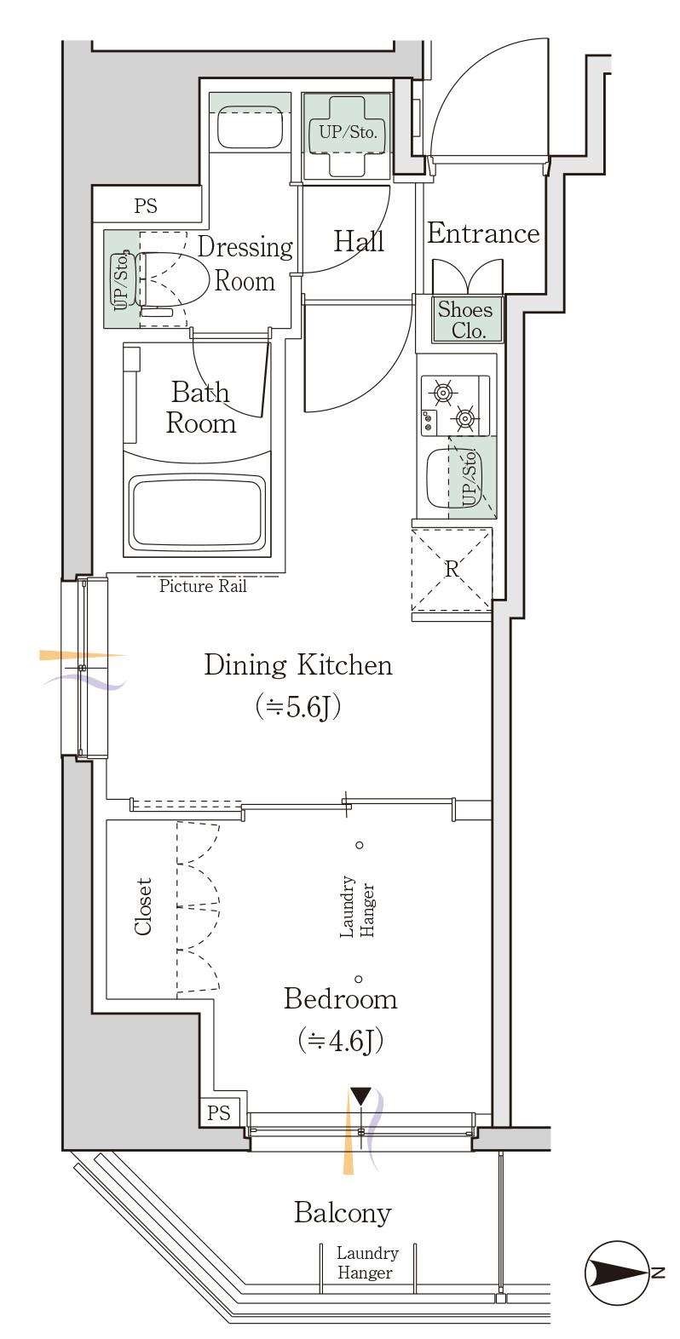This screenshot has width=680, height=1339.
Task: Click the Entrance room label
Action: [483, 233]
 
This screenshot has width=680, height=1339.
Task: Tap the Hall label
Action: [358, 242]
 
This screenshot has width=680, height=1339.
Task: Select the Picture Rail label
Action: [203, 586]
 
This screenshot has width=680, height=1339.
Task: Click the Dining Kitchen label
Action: [298, 665]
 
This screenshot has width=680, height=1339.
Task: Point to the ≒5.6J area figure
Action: [298, 707]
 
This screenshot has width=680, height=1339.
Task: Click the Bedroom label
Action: [340, 999]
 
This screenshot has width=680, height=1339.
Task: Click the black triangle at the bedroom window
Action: [361, 1096]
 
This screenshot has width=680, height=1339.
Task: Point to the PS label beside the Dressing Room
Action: [146, 205]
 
